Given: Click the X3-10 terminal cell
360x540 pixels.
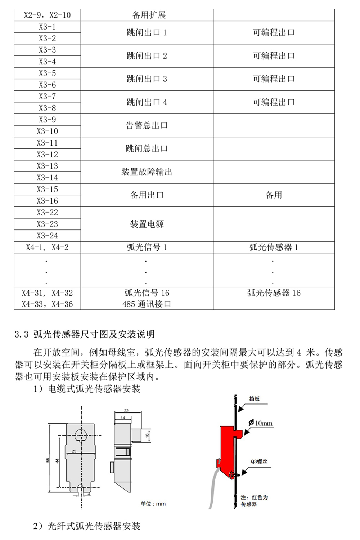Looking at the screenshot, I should (x=47, y=131).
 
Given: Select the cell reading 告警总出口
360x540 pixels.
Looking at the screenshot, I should (x=147, y=125).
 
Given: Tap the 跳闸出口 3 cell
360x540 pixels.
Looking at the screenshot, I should (x=147, y=79).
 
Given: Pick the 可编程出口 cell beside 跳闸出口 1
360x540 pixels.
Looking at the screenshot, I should (x=274, y=32).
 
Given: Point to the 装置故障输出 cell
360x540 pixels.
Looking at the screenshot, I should (x=147, y=172).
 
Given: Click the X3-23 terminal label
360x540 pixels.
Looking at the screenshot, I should (x=47, y=224).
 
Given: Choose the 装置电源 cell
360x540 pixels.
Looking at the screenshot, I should (x=147, y=224).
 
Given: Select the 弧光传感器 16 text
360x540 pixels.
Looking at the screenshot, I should (x=274, y=293).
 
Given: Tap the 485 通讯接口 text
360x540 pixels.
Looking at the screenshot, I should (x=147, y=304).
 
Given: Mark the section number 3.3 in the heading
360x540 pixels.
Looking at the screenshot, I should (x=21, y=334).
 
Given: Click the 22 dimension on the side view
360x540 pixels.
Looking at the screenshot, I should (x=126, y=411).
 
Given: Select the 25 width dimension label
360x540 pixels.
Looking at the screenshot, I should (x=74, y=451).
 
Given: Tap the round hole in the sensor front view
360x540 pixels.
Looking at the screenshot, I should (x=81, y=434).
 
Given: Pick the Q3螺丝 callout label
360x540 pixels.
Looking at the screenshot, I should (x=259, y=461).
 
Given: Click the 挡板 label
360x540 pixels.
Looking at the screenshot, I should (x=254, y=399).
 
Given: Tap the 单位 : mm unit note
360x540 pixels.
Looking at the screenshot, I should (x=153, y=504).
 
